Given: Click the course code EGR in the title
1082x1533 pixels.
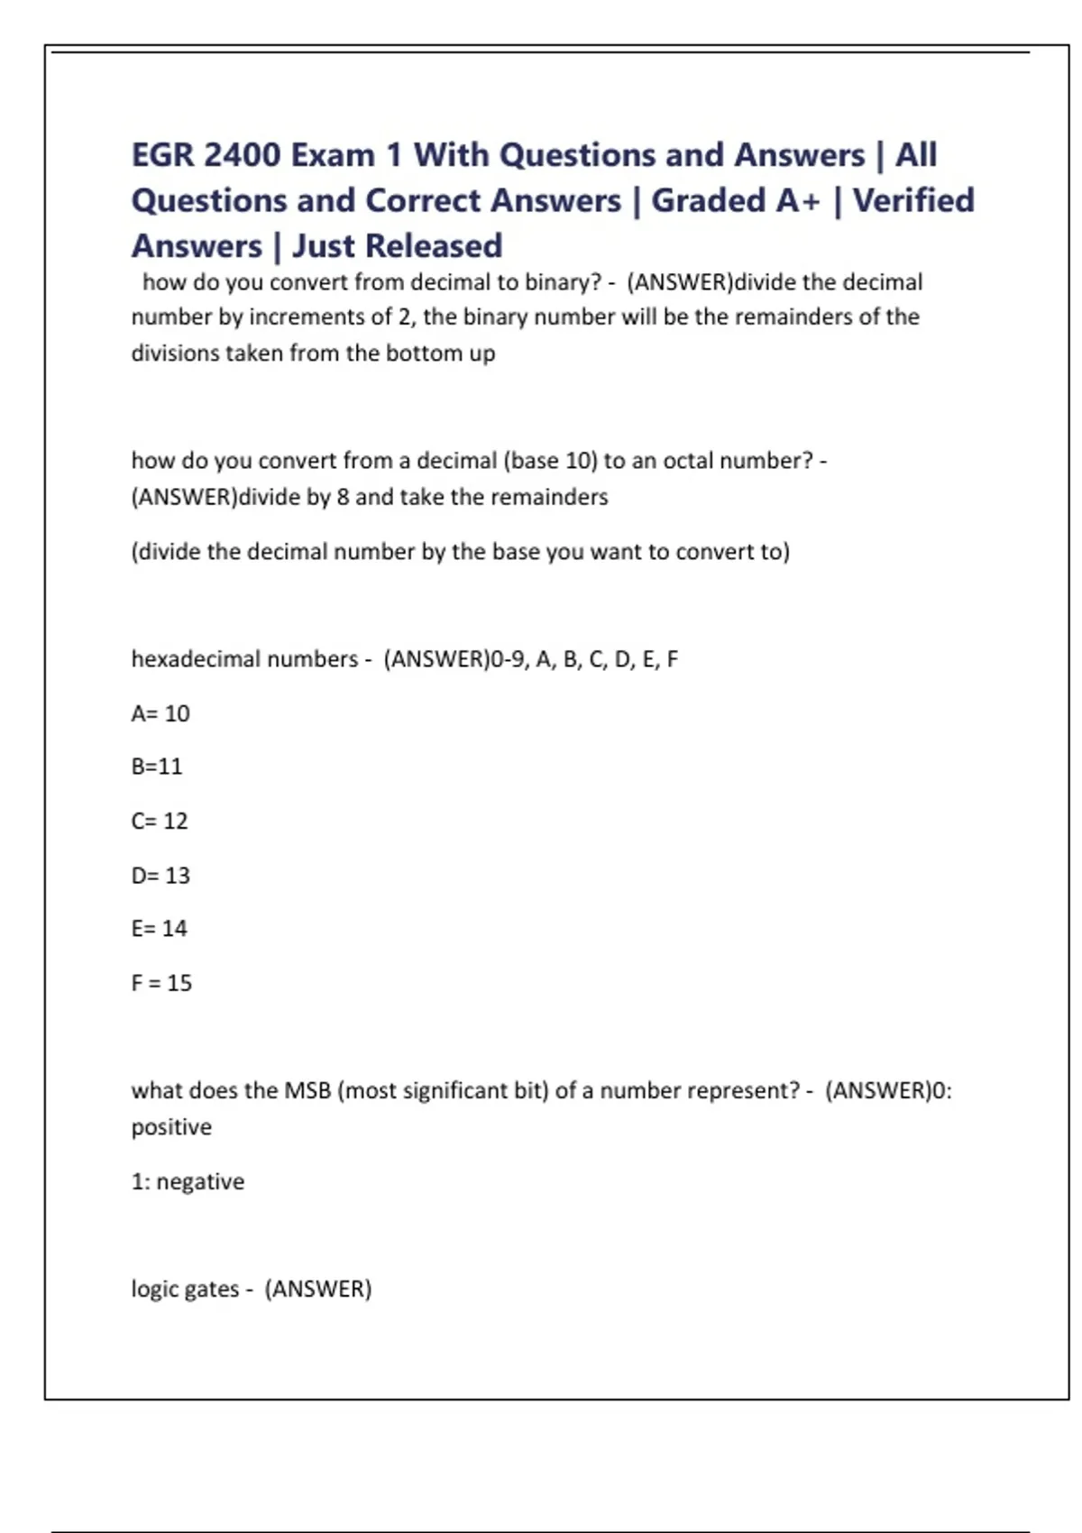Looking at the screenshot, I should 162,155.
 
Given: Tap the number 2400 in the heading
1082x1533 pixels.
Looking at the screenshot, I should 242,155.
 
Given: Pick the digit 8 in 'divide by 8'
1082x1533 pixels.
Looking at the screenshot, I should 343,497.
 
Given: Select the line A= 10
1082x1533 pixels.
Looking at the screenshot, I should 160,713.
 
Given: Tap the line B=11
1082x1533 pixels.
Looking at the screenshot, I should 157,766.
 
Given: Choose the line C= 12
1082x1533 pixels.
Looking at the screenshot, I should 160,821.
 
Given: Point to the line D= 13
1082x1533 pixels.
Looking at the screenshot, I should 160,875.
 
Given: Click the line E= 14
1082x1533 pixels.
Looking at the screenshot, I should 160,929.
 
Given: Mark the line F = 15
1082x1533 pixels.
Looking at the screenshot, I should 161,983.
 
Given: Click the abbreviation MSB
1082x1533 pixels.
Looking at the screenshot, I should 307,1091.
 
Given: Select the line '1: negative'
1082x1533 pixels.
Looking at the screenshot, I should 188,1181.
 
